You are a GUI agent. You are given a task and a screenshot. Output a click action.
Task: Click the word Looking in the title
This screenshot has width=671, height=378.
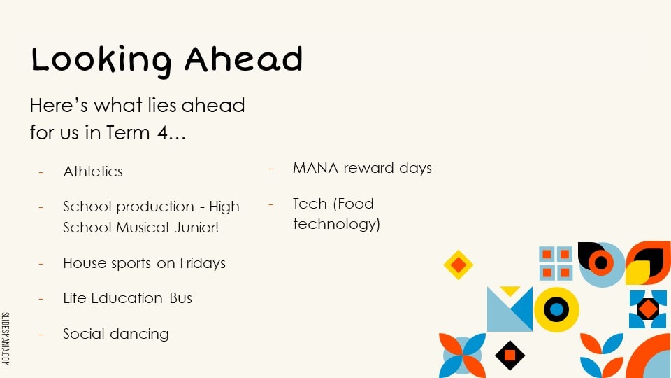pyautogui.click(x=101, y=61)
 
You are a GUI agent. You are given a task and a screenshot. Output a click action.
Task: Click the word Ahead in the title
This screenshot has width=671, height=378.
pyautogui.click(x=243, y=58)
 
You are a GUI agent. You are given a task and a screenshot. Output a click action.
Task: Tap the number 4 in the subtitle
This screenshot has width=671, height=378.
pyautogui.click(x=163, y=132)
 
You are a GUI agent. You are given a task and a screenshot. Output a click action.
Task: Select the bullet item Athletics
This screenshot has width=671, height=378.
pyautogui.click(x=93, y=171)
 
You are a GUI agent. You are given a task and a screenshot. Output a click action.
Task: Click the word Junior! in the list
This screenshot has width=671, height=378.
pyautogui.click(x=197, y=227)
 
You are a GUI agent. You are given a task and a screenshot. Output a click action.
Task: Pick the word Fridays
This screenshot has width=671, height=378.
pyautogui.click(x=203, y=263)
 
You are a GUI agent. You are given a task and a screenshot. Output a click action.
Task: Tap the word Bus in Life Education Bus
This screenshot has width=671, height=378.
pyautogui.click(x=180, y=298)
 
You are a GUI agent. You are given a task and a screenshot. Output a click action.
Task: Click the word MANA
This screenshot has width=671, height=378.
pyautogui.click(x=316, y=168)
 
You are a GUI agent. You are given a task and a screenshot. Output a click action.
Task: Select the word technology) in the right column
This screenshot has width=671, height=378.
pyautogui.click(x=336, y=224)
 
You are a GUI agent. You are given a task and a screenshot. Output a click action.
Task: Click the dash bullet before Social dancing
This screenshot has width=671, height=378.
pyautogui.click(x=41, y=335)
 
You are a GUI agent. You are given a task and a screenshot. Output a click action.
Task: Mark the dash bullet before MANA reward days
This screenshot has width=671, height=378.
pyautogui.click(x=271, y=169)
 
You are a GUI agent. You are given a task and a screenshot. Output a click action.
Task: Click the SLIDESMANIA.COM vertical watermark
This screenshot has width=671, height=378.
pyautogui.click(x=5, y=339)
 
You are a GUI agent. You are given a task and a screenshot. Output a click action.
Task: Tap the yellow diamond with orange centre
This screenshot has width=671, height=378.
pyautogui.click(x=459, y=265)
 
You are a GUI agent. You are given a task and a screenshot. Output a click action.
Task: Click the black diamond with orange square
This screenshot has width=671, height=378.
pyautogui.click(x=510, y=356)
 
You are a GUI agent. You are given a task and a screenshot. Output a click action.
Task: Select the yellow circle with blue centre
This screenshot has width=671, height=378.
pyautogui.click(x=556, y=309)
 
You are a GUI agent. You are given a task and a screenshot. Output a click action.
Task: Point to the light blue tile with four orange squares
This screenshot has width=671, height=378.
pyautogui.click(x=556, y=263)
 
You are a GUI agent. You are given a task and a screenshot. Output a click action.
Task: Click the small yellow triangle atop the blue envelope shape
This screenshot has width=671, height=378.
pyautogui.click(x=510, y=291)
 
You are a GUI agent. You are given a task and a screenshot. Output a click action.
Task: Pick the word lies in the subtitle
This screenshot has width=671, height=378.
pyautogui.click(x=161, y=105)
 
